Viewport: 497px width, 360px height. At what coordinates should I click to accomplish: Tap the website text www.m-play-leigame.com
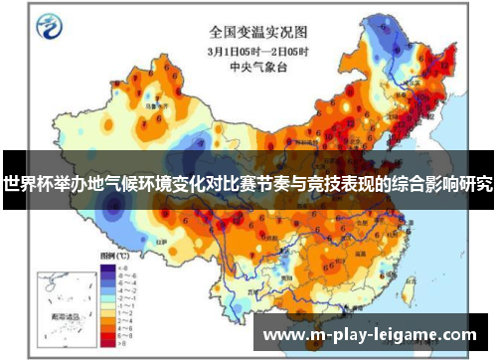point(369,334)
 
